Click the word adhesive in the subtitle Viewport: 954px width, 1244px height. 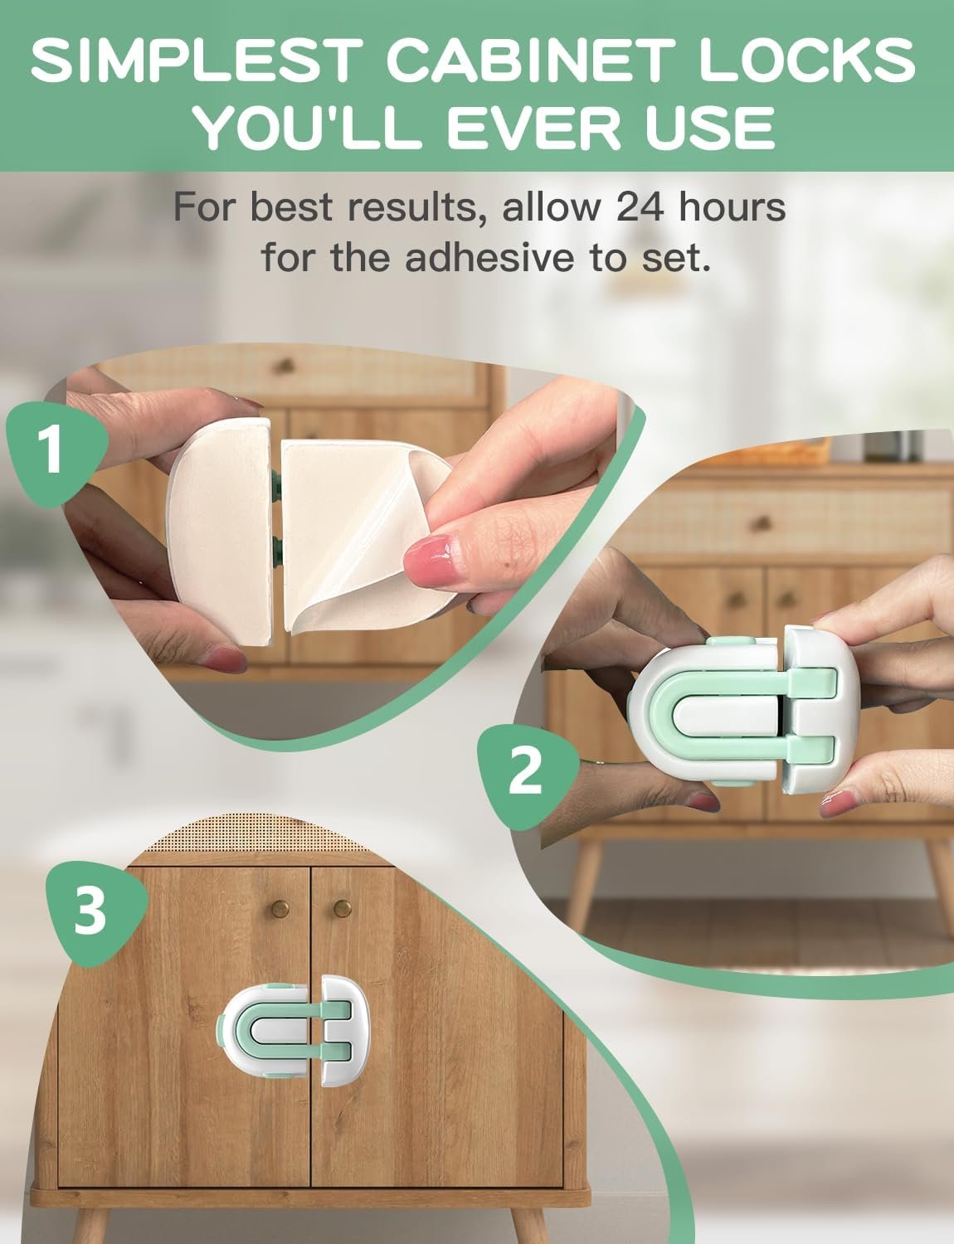pos(489,258)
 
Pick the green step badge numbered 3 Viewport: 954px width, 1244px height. pos(95,913)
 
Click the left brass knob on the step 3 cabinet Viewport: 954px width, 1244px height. pos(280,908)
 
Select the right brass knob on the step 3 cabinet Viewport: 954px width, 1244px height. pos(343,908)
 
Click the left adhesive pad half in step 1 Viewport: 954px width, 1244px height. pos(221,532)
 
